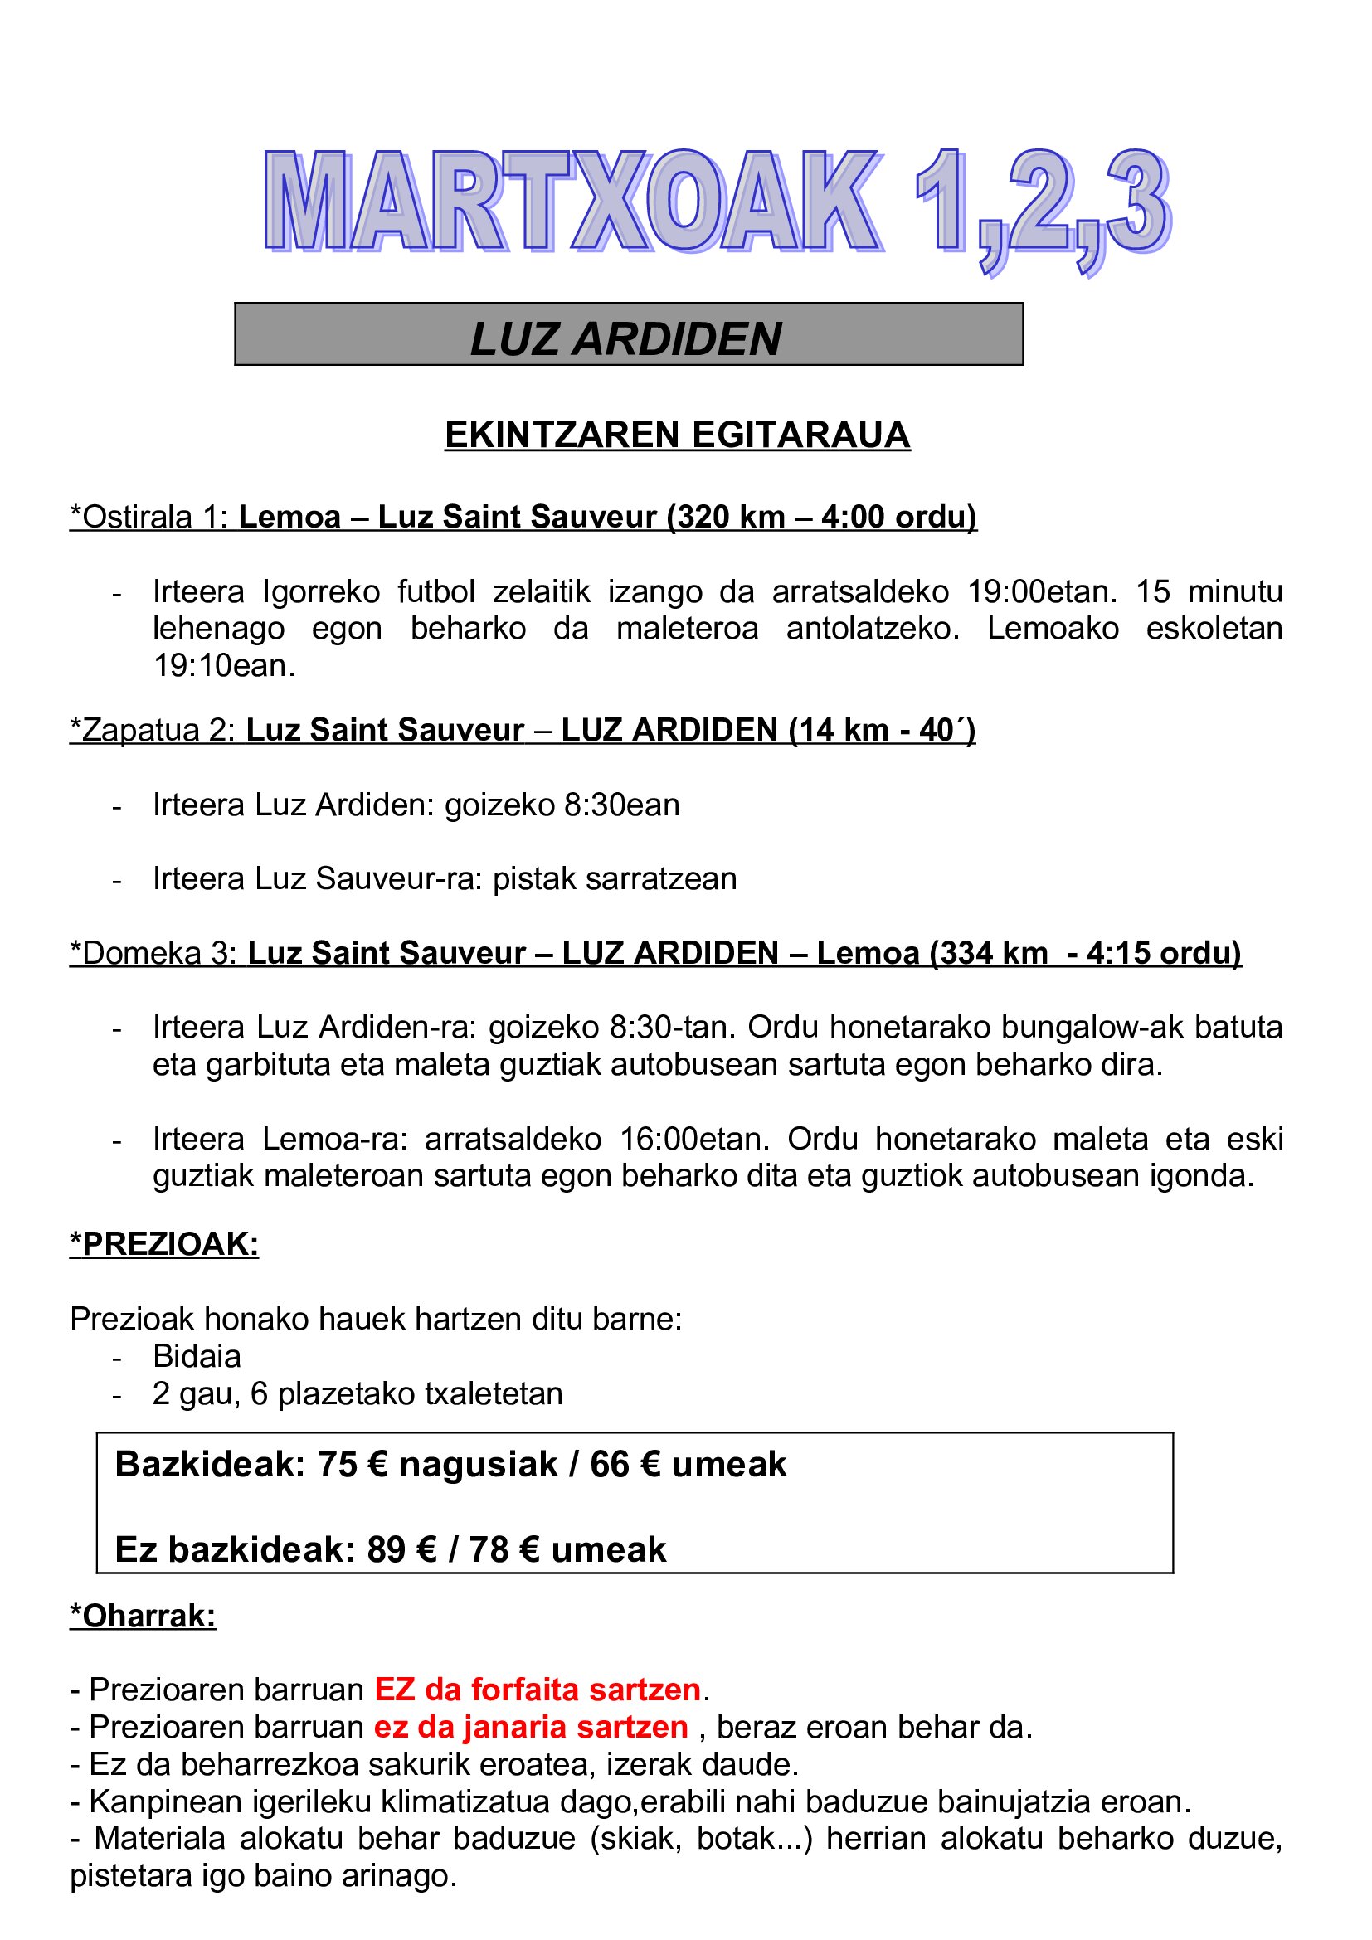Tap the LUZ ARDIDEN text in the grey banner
coord(626,339)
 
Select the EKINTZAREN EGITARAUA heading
coord(677,435)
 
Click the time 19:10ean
coord(224,666)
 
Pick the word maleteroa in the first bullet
coord(687,629)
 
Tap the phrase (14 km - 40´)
coord(882,730)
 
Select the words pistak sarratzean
coord(614,878)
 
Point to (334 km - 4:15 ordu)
coord(1086,953)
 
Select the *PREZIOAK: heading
coord(164,1244)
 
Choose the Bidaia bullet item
coord(197,1355)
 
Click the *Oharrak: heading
coord(143,1616)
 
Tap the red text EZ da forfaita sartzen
coord(538,1690)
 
